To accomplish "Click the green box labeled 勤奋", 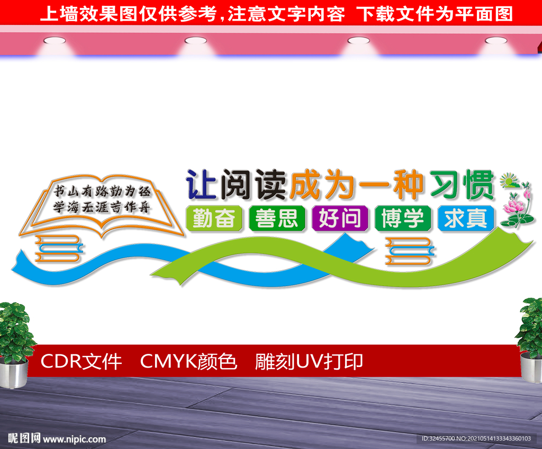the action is [x=214, y=218].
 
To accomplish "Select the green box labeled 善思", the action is [x=277, y=218].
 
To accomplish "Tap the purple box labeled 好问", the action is [x=340, y=218].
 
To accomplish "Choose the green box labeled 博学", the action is [x=403, y=218].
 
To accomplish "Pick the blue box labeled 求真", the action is [x=466, y=218].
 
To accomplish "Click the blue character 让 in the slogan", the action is [x=201, y=185].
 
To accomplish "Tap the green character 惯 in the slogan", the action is [x=479, y=185].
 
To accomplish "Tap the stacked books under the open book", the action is [x=59, y=248].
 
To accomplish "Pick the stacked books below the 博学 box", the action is [x=409, y=251].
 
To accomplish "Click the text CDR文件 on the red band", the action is [x=81, y=362].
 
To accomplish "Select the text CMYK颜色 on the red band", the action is [x=189, y=362].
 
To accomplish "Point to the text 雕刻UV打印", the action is [x=309, y=362].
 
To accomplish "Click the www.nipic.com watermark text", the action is [x=74, y=439].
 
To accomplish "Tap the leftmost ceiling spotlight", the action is [x=55, y=41].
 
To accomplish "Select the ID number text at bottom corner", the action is [x=476, y=438].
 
